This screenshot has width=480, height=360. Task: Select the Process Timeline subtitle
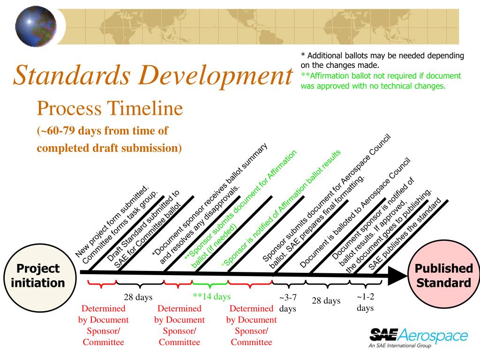(110, 109)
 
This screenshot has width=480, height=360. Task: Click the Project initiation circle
(38, 276)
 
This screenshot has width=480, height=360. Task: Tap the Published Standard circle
(443, 276)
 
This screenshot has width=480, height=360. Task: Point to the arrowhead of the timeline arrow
(397, 276)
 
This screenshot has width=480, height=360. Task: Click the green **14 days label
(211, 297)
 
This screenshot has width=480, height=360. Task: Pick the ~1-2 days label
(365, 302)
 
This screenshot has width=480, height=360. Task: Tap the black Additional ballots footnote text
(382, 60)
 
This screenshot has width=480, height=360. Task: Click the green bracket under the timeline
(210, 284)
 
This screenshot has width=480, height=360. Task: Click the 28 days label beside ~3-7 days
(326, 301)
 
